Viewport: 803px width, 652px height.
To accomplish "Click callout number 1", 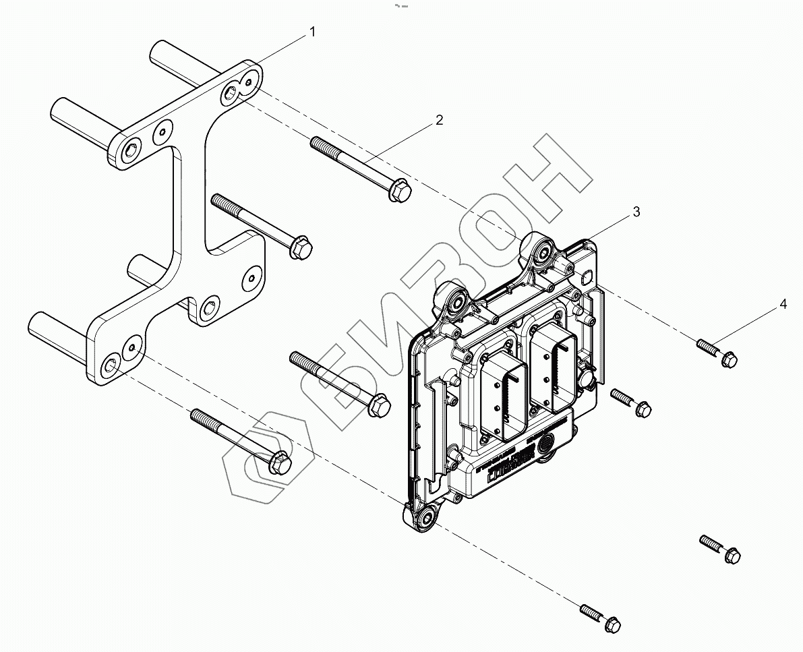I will click(x=311, y=32).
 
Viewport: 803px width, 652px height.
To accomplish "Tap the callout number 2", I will click(x=439, y=120).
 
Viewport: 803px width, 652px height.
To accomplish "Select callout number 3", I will click(x=636, y=212).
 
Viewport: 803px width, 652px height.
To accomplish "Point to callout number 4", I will click(x=783, y=304).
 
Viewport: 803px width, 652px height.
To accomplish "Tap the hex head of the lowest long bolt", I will click(x=279, y=463).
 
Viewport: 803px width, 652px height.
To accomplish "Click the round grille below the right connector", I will click(x=547, y=446).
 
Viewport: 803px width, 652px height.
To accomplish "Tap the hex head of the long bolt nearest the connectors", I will click(x=379, y=403).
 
